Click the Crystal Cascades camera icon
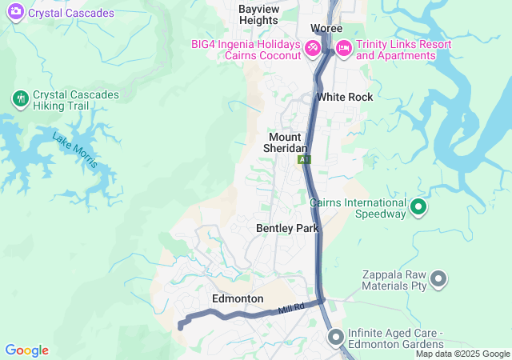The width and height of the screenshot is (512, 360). click(x=14, y=13)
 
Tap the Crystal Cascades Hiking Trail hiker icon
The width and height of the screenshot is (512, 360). click(x=20, y=99)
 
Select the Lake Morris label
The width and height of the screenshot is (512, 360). click(x=74, y=149)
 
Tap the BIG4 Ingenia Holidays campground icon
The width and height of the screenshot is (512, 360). click(x=313, y=50)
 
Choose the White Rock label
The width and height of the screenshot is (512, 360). click(x=344, y=97)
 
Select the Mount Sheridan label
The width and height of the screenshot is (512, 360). click(x=286, y=142)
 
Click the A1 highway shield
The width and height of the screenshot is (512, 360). click(x=304, y=160)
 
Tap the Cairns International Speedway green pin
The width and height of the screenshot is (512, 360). click(x=418, y=209)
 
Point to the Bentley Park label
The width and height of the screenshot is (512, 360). click(x=287, y=228)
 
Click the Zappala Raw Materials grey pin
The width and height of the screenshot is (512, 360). click(x=438, y=279)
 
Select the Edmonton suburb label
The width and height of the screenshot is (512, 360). click(x=238, y=298)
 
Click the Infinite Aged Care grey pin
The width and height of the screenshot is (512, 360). click(x=334, y=338)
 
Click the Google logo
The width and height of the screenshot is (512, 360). click(x=26, y=350)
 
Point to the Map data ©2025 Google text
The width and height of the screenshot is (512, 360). click(x=462, y=354)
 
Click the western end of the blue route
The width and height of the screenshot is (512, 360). click(x=180, y=326)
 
